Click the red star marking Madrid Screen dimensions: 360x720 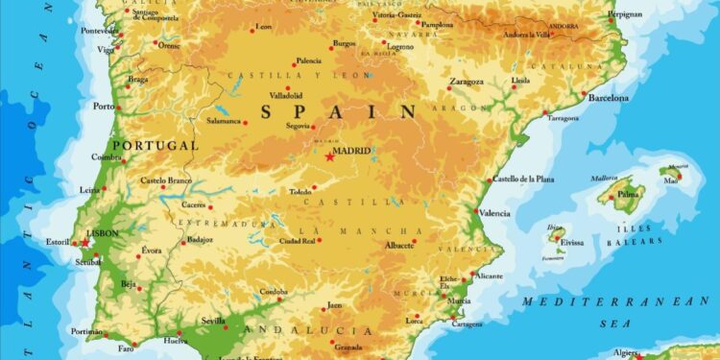[x=330, y=156]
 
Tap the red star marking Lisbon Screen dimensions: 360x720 [x=84, y=243]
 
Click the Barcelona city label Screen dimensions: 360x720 [x=609, y=98]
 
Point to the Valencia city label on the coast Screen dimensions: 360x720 [x=494, y=213]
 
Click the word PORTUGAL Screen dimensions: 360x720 [x=155, y=146]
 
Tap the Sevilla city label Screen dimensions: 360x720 [x=213, y=322]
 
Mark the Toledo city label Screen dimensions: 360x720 [x=300, y=192]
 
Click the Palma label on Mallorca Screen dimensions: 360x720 [x=628, y=195]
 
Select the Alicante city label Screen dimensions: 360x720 [x=489, y=276]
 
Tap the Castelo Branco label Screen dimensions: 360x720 [x=166, y=180]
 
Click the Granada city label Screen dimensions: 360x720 [x=348, y=347]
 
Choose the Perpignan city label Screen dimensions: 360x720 [x=626, y=15]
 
